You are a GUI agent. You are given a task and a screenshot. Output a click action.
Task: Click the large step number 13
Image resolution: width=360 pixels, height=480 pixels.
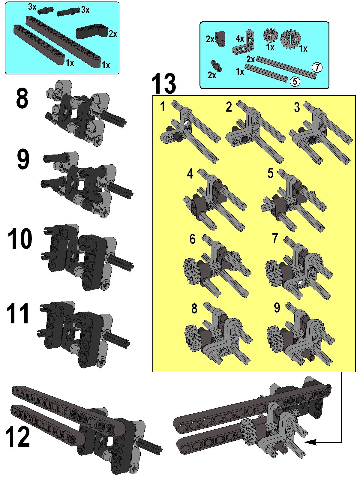click(x=163, y=84)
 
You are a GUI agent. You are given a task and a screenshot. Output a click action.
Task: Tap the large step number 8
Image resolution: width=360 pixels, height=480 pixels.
click(x=22, y=98)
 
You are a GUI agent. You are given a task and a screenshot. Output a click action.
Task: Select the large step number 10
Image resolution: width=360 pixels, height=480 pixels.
click(x=20, y=238)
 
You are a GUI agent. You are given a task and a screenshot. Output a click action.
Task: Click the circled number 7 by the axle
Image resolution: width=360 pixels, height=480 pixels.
click(x=317, y=67)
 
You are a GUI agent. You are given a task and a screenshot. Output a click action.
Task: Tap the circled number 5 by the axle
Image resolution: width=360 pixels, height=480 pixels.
click(x=295, y=82)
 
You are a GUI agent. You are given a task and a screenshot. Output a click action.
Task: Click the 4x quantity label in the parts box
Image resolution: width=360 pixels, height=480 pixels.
click(x=240, y=39)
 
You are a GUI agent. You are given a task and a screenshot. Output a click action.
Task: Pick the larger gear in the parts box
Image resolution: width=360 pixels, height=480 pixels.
click(x=291, y=39)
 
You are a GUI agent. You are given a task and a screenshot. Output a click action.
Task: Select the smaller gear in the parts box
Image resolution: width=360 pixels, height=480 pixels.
click(x=270, y=35)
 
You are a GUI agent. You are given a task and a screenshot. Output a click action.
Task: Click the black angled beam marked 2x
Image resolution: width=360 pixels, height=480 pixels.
click(x=92, y=31)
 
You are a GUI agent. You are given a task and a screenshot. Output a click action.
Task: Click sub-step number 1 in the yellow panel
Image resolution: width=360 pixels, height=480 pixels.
click(x=163, y=106)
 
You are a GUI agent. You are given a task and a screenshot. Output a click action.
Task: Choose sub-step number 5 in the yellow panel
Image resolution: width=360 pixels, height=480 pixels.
click(x=270, y=173)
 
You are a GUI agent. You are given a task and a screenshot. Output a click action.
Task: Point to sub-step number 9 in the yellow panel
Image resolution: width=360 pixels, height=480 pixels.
click(x=277, y=308)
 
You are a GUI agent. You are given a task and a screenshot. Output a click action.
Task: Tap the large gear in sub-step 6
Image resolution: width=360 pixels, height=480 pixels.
click(x=190, y=271)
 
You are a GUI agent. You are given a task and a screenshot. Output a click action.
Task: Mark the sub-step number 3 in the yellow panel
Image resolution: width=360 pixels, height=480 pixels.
click(x=297, y=107)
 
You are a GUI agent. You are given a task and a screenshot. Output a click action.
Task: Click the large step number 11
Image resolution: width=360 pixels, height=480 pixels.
click(x=17, y=313)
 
